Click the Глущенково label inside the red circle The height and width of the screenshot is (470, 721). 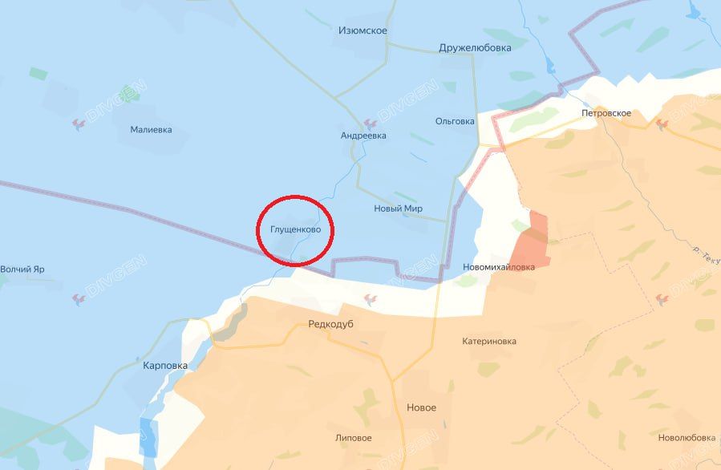(x=296, y=229)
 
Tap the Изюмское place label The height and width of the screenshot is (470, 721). (x=363, y=30)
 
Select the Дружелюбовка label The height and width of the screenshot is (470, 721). (x=475, y=47)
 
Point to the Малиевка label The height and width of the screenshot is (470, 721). (x=151, y=129)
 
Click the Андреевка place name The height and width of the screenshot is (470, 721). (x=363, y=136)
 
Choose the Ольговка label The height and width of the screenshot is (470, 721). (x=455, y=121)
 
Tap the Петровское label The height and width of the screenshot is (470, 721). (x=606, y=113)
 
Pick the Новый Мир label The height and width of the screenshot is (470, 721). (x=398, y=209)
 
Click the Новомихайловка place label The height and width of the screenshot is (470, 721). (x=499, y=267)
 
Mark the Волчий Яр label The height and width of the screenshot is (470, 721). (x=22, y=269)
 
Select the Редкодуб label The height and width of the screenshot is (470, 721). (x=330, y=324)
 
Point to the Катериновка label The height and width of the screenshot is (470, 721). (x=489, y=341)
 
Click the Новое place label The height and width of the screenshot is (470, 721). (x=422, y=407)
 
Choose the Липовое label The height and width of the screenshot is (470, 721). (x=354, y=438)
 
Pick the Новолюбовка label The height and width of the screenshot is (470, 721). (x=687, y=437)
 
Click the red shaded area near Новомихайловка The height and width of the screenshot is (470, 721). (x=533, y=241)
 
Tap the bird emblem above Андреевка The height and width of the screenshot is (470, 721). (x=370, y=124)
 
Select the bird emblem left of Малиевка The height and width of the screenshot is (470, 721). (x=79, y=124)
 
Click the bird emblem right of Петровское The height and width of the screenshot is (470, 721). (x=662, y=124)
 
